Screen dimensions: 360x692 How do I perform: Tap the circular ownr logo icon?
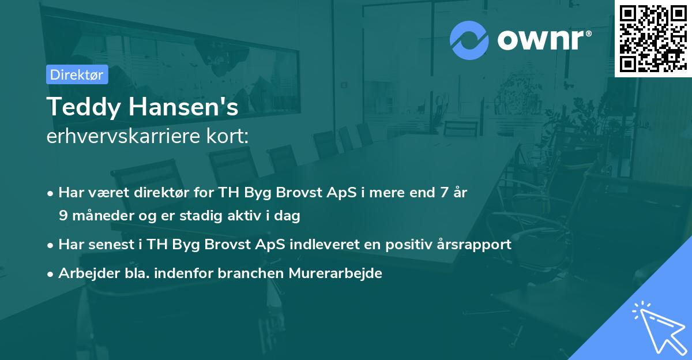(x=469, y=40)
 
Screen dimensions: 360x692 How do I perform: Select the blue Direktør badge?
(x=77, y=74)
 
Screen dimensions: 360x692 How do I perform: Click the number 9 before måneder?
(x=62, y=216)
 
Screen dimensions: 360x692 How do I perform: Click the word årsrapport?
(x=479, y=245)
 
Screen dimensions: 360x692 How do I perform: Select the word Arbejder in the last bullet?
(x=84, y=273)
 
